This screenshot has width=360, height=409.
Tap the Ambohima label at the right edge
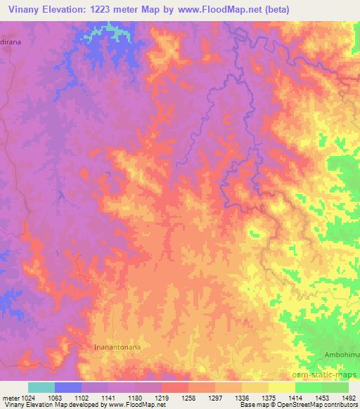click(342, 356)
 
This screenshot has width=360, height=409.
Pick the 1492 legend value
click(348, 398)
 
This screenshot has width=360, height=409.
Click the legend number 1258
click(187, 398)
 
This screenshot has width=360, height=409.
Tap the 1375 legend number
click(268, 398)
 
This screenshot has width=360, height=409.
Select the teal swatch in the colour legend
click(41, 387)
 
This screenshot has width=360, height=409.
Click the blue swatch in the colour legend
click(68, 387)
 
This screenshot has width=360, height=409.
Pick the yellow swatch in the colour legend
click(281, 387)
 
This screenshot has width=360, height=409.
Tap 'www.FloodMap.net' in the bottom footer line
click(139, 405)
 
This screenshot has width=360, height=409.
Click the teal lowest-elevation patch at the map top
click(105, 32)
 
